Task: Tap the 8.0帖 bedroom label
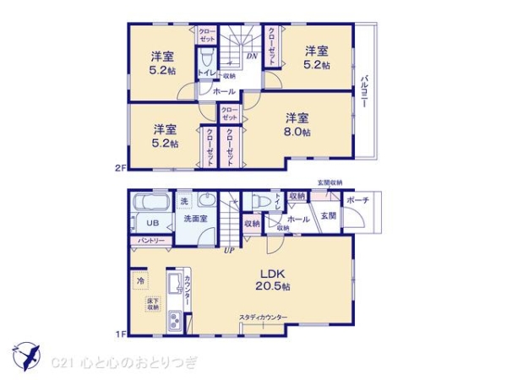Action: click(x=297, y=124)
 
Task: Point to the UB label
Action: click(x=152, y=223)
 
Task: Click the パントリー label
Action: click(x=151, y=242)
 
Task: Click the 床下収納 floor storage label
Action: click(x=152, y=304)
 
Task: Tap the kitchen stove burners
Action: click(x=176, y=320)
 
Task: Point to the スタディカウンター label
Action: click(x=263, y=318)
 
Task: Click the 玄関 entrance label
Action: click(x=328, y=216)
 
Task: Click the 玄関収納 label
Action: click(x=330, y=183)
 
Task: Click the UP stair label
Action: click(x=228, y=249)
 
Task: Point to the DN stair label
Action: click(x=251, y=57)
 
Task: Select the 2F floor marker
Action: click(x=120, y=168)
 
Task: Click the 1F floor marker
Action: click(x=120, y=334)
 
